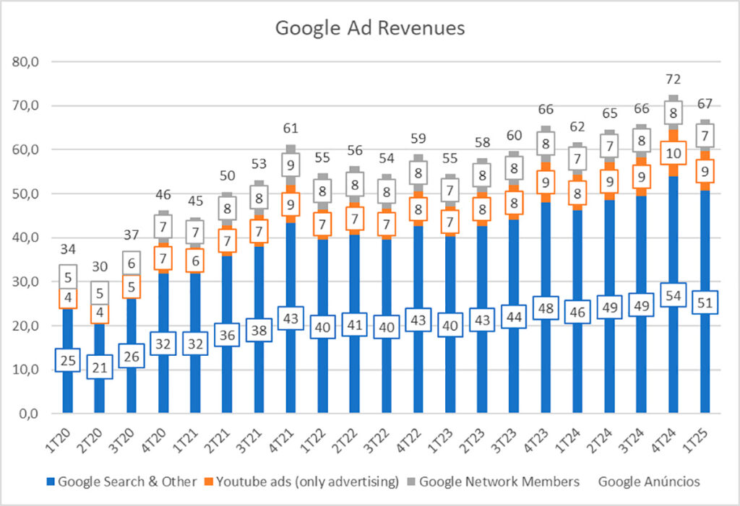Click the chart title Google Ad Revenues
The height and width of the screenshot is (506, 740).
point(369,28)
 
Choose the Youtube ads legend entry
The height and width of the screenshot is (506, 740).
point(306,481)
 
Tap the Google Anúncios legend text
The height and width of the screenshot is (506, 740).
point(649,481)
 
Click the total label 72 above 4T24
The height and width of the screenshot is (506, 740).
point(674,79)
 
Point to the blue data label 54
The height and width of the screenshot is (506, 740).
point(674,297)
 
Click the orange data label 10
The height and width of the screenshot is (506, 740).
point(674,154)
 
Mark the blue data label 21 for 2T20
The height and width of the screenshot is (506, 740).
point(99,368)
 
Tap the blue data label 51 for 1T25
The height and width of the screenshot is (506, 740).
point(705,302)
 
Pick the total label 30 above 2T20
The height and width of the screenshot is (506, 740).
point(99,266)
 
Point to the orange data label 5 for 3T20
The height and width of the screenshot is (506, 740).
point(131,287)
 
